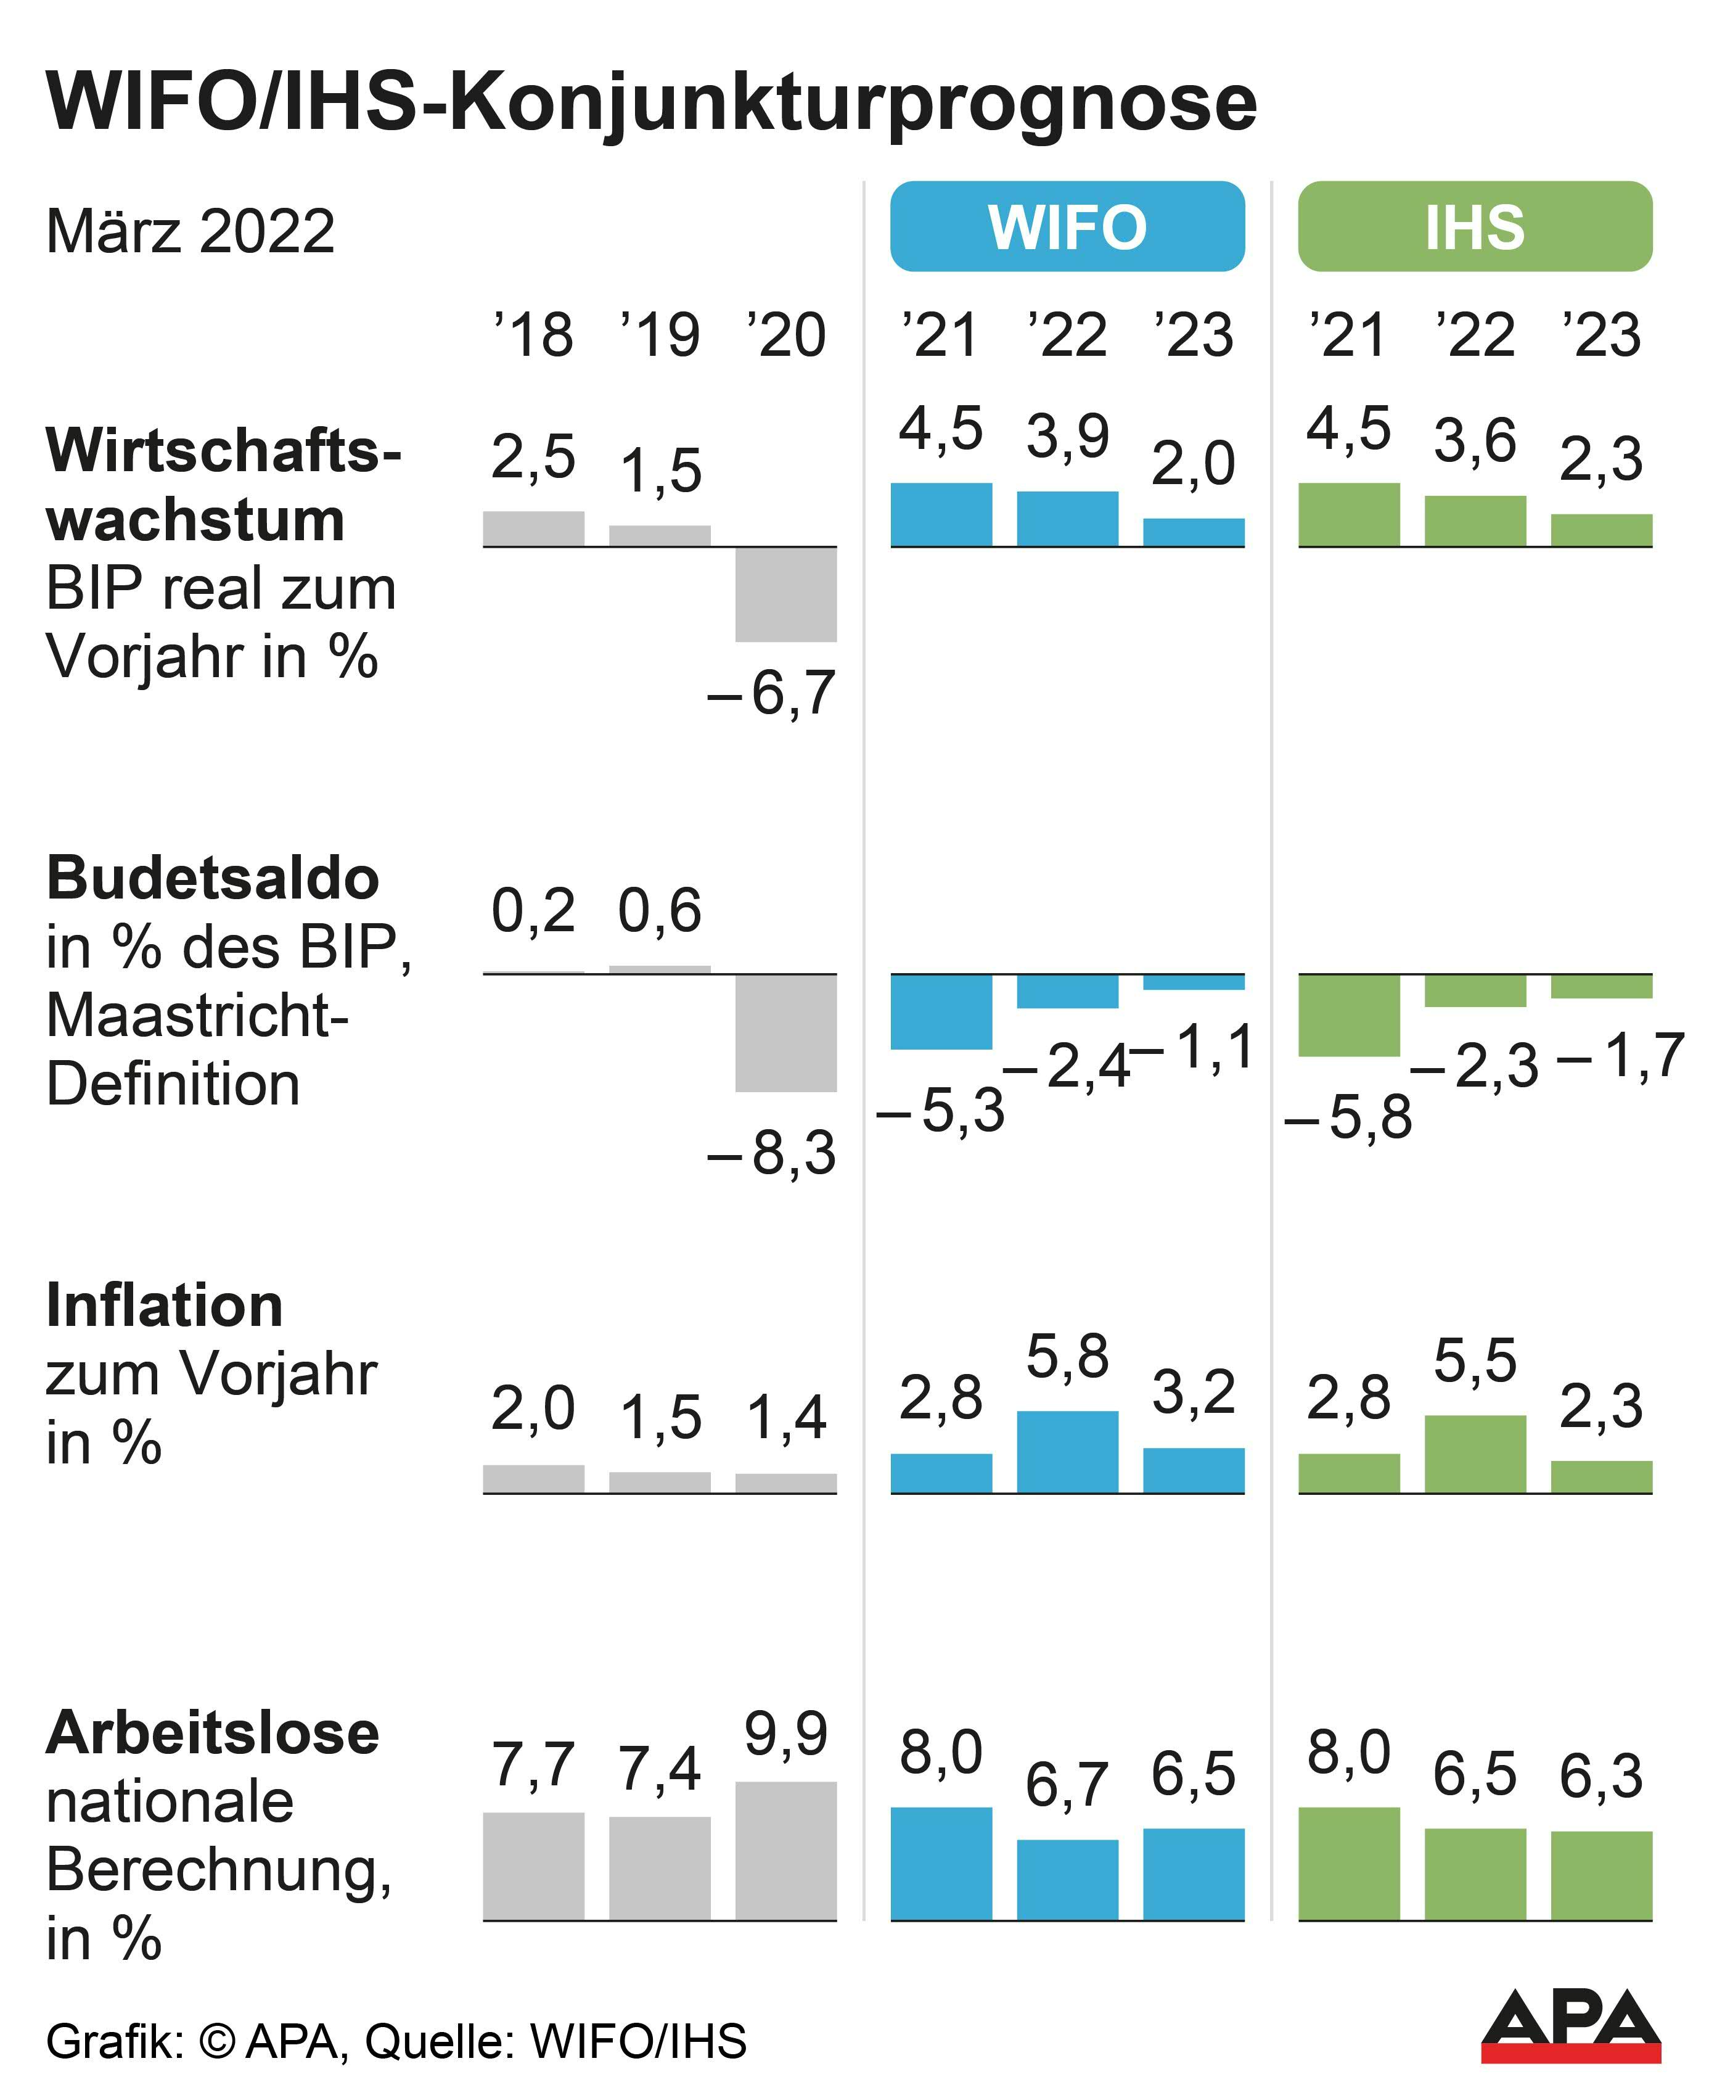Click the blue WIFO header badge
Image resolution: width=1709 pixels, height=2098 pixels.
tap(1067, 226)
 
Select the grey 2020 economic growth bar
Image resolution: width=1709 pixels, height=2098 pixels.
tap(785, 594)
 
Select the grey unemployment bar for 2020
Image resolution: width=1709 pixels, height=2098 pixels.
tap(785, 1850)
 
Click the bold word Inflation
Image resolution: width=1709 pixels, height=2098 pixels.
tap(165, 1306)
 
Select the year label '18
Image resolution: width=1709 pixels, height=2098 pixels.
tap(533, 335)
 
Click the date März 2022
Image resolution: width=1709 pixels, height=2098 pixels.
tap(190, 231)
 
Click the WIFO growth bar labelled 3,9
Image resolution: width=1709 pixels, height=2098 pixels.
tap(1067, 519)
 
